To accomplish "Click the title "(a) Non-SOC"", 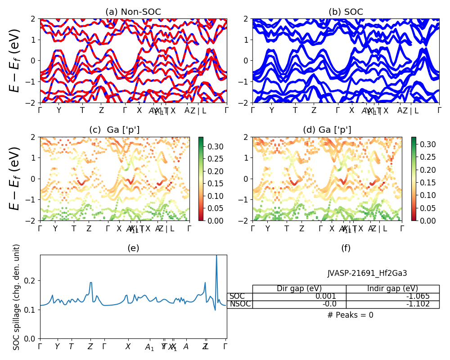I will [x=133, y=12].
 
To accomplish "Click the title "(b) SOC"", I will [x=346, y=12].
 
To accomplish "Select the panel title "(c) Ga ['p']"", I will [x=114, y=130].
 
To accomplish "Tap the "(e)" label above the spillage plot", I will [x=133, y=248].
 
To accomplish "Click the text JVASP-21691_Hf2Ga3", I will [x=367, y=273].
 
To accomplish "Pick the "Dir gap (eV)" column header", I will [x=299, y=289].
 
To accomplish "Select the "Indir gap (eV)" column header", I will [x=392, y=289].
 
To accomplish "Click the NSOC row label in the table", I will [x=239, y=304].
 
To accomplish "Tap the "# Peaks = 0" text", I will [x=350, y=315].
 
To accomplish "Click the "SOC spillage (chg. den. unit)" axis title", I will [x=17, y=297].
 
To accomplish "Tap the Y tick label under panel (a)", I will [x=58, y=110].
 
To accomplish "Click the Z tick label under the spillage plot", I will [x=90, y=347].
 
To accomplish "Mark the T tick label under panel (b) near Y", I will [x=295, y=110].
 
